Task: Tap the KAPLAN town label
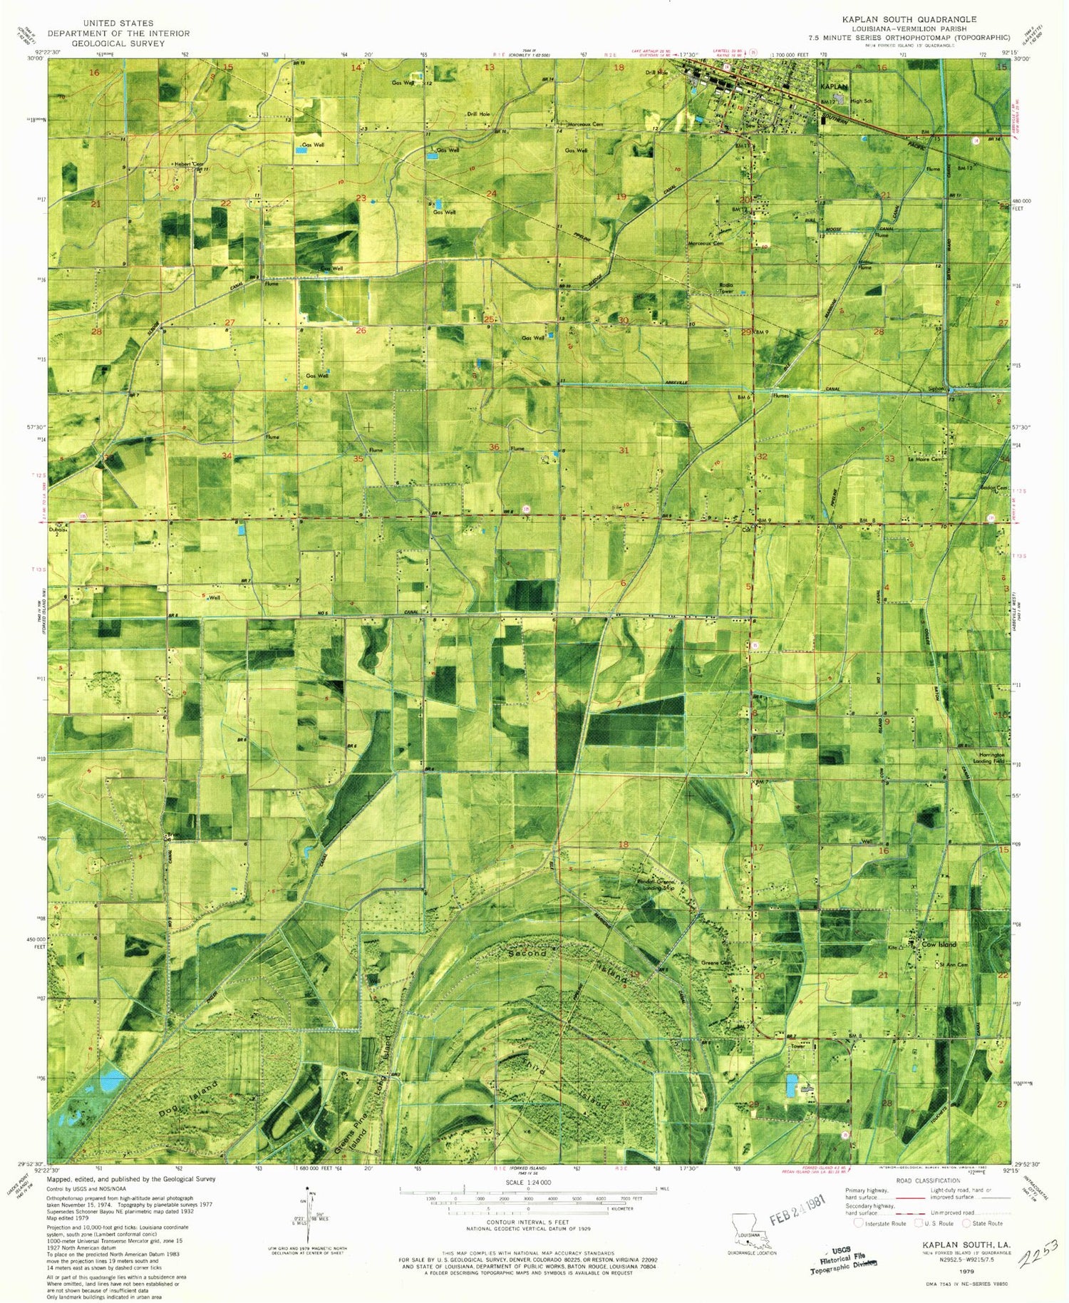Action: point(834,86)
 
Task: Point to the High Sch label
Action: point(861,101)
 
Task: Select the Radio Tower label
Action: point(725,288)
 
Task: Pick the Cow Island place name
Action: point(939,944)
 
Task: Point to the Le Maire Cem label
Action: point(926,459)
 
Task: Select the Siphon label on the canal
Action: point(935,389)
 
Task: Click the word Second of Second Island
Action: point(527,953)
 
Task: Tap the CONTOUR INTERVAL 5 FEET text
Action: point(527,1222)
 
